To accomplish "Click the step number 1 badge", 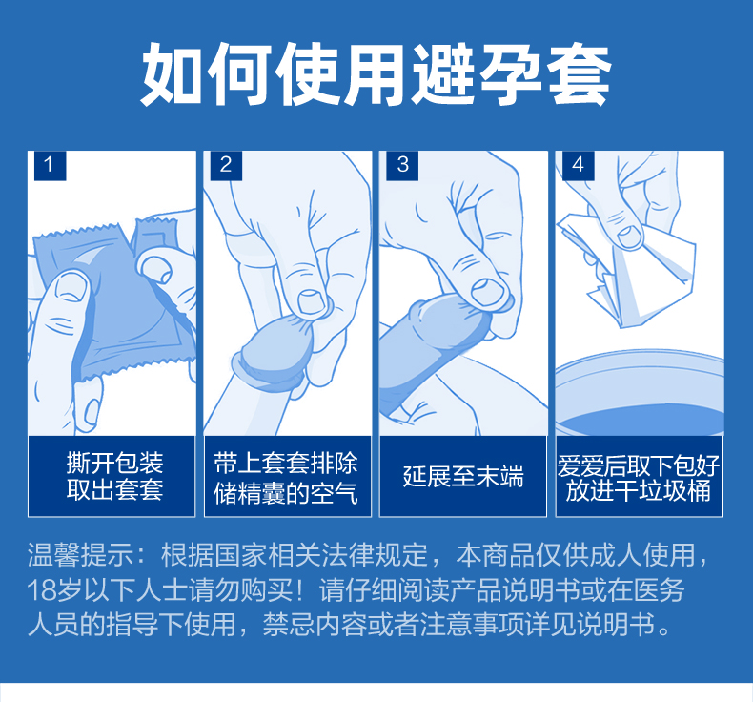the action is [x=50, y=166].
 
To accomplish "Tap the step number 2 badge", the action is [x=226, y=166].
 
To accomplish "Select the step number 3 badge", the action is [x=402, y=166].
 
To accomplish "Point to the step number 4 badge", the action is [x=579, y=166].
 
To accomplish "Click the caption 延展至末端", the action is [x=463, y=476].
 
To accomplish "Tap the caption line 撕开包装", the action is [x=114, y=463].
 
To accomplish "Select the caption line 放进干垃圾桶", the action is [x=639, y=491].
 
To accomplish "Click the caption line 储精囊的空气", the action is [x=286, y=493].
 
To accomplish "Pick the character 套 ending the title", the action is [x=580, y=73].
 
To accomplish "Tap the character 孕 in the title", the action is [x=512, y=73].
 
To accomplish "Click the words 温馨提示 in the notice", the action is [x=81, y=555].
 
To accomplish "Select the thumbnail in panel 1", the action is [x=71, y=287].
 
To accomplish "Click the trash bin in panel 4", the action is [x=640, y=394].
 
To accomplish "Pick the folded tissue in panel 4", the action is [x=626, y=272].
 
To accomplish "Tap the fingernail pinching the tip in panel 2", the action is [x=313, y=301].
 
